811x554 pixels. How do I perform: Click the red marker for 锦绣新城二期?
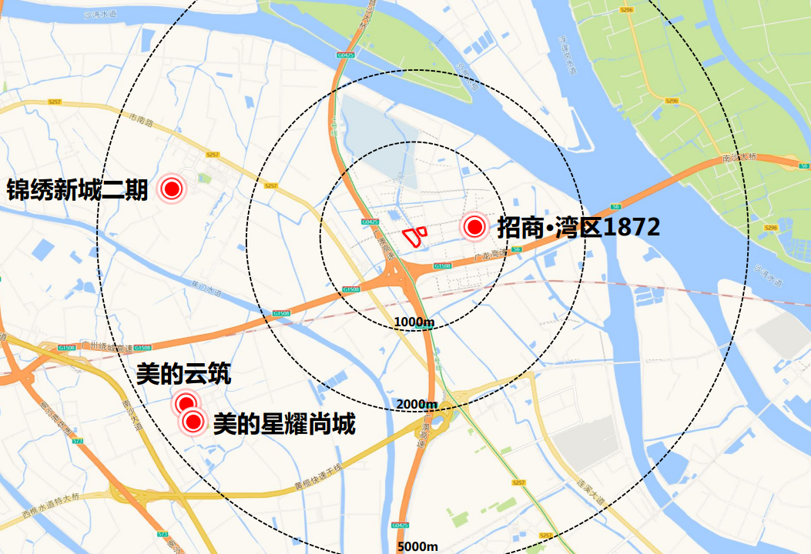coord(171,189)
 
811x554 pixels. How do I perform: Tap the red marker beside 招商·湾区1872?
coord(474,227)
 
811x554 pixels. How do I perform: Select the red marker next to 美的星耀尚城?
coord(192,422)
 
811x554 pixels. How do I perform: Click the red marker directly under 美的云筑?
coord(185,402)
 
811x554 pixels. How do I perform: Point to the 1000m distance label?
coord(414,321)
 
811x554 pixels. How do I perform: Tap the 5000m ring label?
coord(417,546)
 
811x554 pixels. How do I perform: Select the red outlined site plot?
coord(413,235)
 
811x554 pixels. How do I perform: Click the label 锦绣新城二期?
coord(77,189)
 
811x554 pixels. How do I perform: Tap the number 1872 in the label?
coord(632,228)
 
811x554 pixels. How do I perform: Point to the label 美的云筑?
coord(183,375)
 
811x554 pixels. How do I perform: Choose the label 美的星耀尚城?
coord(283,423)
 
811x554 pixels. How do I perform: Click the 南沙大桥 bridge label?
coord(740,157)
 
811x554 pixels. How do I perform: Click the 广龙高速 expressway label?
coord(488,253)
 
